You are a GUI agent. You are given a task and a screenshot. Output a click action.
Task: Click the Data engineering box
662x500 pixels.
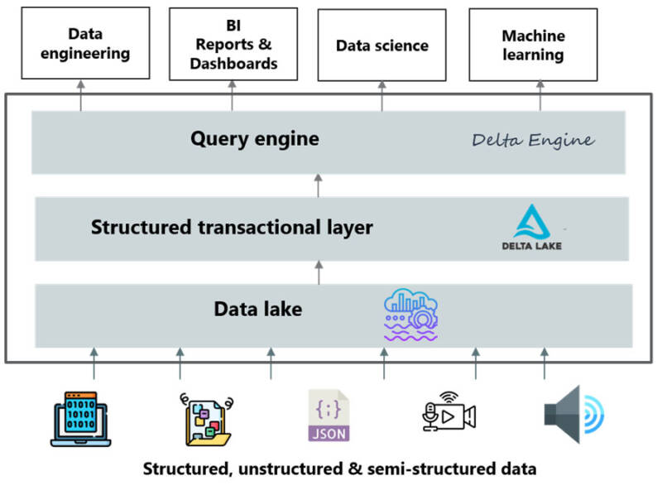tap(80, 44)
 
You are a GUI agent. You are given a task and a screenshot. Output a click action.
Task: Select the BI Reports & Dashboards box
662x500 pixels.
tap(233, 45)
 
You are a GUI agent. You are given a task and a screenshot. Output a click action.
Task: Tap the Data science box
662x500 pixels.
tap(381, 46)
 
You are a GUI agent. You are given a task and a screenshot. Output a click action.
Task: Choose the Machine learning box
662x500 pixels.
tap(533, 46)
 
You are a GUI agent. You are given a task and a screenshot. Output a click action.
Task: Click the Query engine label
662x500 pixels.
tap(254, 138)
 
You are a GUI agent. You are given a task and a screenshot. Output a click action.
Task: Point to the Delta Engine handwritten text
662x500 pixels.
tap(533, 140)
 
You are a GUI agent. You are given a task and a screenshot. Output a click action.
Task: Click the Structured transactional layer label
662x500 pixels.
tap(232, 227)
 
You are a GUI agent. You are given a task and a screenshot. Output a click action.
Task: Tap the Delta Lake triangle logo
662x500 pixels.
tap(531, 223)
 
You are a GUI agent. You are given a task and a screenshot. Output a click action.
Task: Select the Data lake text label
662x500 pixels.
tap(258, 310)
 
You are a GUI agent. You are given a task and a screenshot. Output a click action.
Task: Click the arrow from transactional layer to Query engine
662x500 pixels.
tap(319, 185)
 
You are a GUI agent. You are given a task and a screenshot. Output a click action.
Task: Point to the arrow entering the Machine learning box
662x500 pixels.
tap(540, 95)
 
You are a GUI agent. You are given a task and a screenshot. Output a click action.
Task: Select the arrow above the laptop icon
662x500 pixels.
tap(94, 363)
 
